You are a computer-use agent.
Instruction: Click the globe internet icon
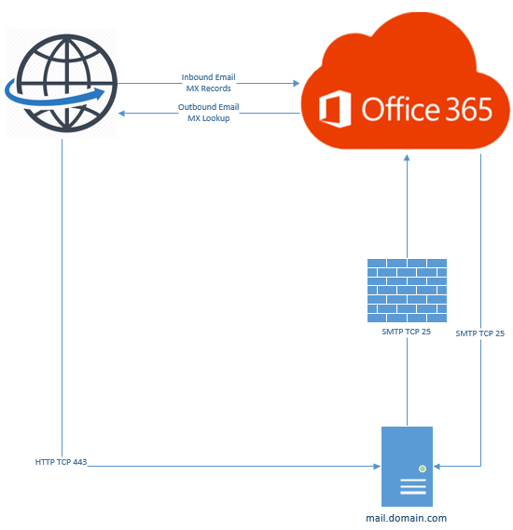[x=61, y=83]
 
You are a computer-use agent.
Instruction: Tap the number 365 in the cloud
[x=460, y=109]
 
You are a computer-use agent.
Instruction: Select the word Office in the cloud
[x=393, y=109]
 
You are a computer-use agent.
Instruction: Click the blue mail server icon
[x=407, y=466]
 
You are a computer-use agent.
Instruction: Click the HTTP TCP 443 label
[x=62, y=462]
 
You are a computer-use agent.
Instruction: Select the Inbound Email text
[x=209, y=77]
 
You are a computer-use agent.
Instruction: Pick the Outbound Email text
[x=209, y=107]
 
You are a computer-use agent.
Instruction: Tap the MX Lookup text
[x=209, y=118]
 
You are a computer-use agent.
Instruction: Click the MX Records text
[x=209, y=88]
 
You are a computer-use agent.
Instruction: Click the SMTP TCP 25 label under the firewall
[x=406, y=331]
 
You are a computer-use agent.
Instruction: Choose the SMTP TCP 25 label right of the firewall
[x=479, y=333]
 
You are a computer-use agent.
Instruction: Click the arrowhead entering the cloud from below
[x=407, y=158]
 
